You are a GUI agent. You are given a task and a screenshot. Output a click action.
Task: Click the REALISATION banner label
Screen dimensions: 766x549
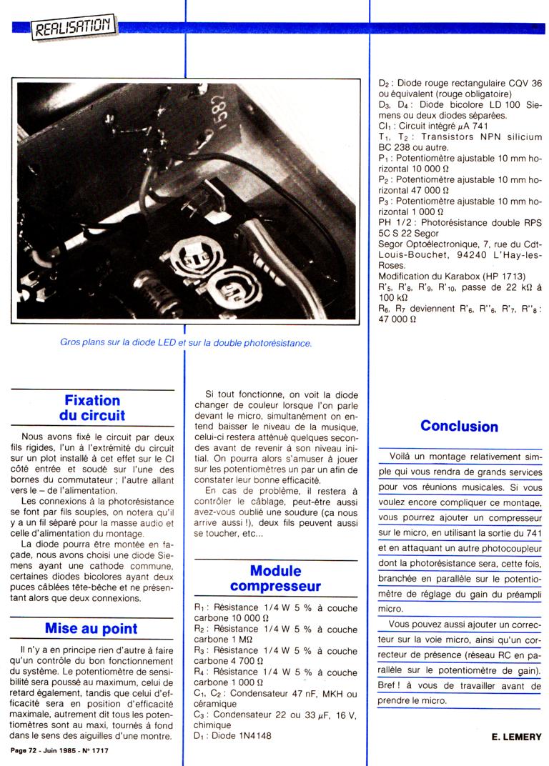point(74,27)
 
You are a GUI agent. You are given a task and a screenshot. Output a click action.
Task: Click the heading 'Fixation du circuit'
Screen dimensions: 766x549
point(93,408)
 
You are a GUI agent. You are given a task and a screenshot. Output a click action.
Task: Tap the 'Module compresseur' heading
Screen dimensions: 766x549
point(275,579)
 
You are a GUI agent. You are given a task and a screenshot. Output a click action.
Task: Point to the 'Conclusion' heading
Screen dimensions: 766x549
point(459,426)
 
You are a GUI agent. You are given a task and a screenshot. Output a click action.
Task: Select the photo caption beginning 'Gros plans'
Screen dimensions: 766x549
point(186,343)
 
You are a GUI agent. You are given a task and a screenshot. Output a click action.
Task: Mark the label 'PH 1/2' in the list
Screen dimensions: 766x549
point(395,222)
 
